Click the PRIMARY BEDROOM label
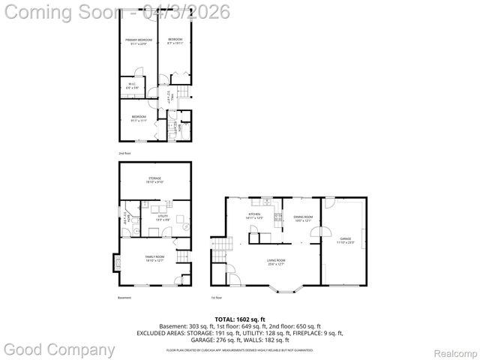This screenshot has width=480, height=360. click(x=138, y=40)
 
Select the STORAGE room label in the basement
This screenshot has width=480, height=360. click(x=154, y=179)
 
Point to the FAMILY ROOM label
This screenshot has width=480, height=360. click(x=154, y=259)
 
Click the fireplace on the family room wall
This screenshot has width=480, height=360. click(x=115, y=263)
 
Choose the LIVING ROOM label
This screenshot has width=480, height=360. click(x=276, y=262)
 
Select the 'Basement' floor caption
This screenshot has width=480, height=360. click(x=124, y=298)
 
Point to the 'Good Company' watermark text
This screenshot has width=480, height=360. click(x=60, y=349)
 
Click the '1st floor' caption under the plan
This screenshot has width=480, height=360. click(x=217, y=298)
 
